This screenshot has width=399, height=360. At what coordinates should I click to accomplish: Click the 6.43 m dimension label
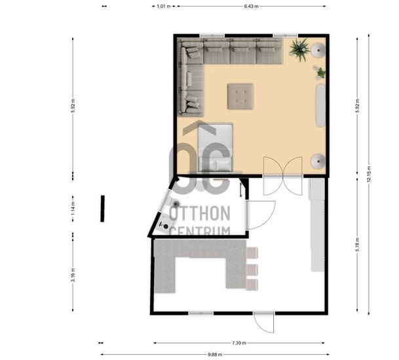(251, 7)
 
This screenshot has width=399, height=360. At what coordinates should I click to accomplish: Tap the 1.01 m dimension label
(163, 7)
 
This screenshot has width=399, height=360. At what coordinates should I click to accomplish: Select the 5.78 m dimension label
(357, 244)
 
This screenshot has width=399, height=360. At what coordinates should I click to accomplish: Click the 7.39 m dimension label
(239, 343)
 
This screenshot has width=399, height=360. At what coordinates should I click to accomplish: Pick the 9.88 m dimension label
(215, 354)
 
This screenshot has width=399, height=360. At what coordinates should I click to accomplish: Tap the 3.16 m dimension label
(73, 275)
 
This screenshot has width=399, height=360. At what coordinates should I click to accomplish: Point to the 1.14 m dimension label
(73, 209)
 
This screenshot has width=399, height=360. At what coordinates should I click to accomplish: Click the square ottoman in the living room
(240, 96)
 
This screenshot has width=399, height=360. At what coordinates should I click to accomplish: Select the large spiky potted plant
(300, 50)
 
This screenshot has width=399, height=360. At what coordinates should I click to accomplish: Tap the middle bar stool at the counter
(252, 270)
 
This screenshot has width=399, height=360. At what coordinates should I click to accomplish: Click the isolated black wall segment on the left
(103, 209)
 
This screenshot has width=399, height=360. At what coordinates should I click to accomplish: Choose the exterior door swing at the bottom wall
(264, 323)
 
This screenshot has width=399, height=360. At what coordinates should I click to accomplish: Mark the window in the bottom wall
(201, 314)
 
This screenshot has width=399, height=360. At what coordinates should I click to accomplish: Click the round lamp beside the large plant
(318, 50)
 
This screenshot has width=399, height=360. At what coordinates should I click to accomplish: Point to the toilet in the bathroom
(173, 202)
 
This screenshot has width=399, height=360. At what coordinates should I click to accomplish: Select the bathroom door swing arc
(261, 215)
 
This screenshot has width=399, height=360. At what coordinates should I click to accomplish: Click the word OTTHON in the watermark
(200, 213)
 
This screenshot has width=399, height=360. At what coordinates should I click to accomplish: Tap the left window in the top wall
(212, 35)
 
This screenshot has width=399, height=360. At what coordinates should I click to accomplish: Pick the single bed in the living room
(216, 147)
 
